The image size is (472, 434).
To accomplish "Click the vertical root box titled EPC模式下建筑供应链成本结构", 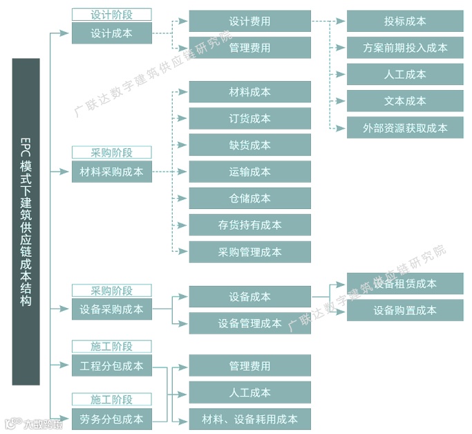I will (x=26, y=221).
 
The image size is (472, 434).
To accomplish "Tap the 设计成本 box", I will (x=111, y=33).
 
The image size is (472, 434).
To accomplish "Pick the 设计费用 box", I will (x=249, y=21).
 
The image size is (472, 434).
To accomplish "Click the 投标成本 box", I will (x=405, y=21).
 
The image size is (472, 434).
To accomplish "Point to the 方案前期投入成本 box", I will (x=405, y=48).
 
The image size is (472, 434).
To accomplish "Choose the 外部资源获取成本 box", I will (x=405, y=127).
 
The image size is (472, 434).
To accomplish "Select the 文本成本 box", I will (x=405, y=101).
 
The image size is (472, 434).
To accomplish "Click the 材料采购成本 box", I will (x=111, y=172).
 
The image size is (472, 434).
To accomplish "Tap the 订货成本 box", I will (x=249, y=118).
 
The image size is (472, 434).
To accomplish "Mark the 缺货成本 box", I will (x=249, y=145).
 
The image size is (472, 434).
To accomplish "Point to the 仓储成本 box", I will (x=249, y=198).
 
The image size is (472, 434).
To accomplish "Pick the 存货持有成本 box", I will (x=249, y=225).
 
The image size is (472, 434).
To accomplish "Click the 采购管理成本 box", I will (x=249, y=252).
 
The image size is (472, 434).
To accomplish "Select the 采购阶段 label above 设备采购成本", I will (x=111, y=291).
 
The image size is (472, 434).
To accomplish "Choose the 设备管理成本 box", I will (x=249, y=323).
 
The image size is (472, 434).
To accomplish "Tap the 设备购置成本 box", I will (x=405, y=310).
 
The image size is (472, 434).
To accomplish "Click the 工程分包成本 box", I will (x=111, y=365).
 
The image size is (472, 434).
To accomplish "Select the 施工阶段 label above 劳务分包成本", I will (x=111, y=400).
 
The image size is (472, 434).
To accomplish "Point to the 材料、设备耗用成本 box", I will (x=249, y=419).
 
